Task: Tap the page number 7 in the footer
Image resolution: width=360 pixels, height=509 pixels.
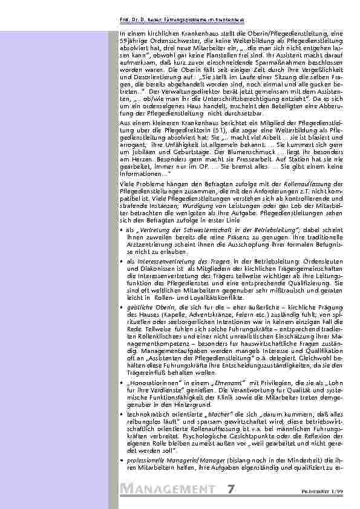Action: (232, 489)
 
